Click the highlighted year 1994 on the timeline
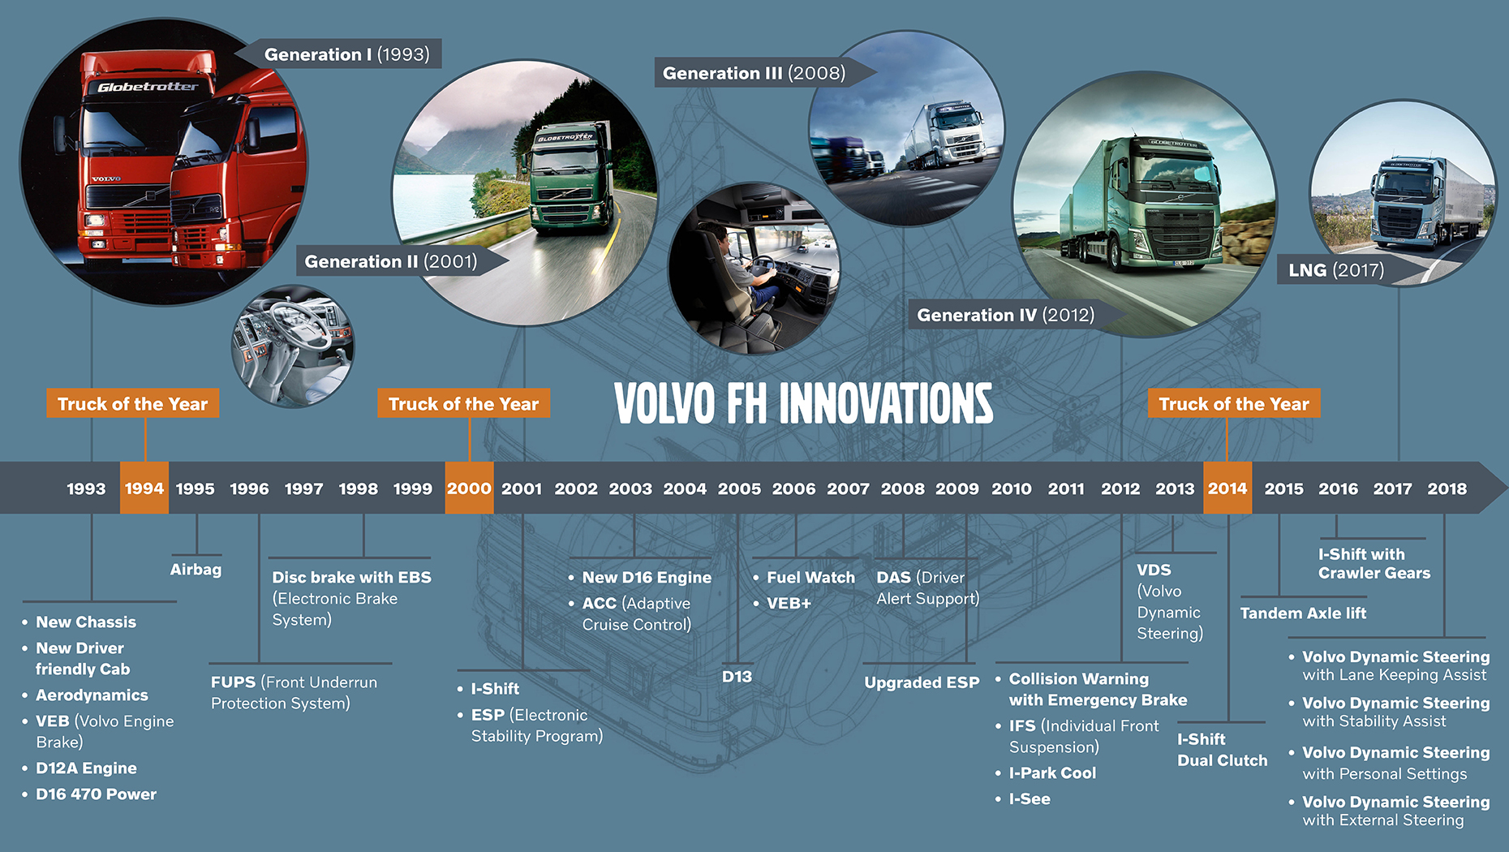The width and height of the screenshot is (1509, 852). tap(144, 488)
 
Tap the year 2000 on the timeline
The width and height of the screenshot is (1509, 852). tap(469, 488)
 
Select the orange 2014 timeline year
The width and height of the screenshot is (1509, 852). tap(1227, 488)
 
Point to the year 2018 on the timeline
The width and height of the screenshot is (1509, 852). tap(1447, 489)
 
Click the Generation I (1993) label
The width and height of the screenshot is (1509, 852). tap(347, 54)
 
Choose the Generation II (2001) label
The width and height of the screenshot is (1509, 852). tap(391, 261)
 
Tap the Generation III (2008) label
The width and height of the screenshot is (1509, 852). tap(754, 73)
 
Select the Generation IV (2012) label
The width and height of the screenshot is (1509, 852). tap(1006, 315)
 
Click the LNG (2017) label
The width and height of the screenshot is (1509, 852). tap(1336, 270)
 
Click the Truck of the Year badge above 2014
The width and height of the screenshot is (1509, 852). tap(1234, 403)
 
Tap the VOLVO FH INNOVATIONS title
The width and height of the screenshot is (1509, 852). tap(803, 403)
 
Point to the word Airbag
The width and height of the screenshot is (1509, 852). tap(196, 570)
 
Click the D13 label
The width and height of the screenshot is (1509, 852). tap(737, 677)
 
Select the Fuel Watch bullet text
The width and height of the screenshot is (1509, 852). tap(810, 578)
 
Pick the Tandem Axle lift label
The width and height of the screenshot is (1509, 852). tap(1303, 613)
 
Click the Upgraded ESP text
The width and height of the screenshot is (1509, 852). tap(922, 683)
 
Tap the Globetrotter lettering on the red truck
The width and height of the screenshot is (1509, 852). tap(148, 86)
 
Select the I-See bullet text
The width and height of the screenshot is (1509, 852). tap(1030, 799)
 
